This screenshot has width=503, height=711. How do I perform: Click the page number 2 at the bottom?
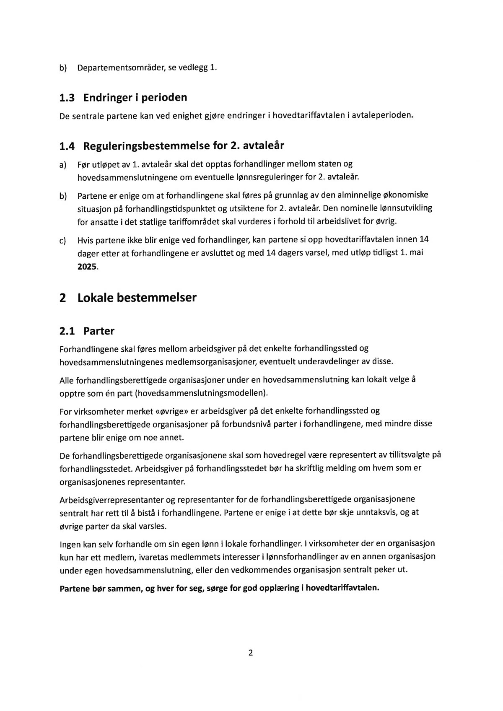point(251,653)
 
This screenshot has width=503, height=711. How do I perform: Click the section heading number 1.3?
point(67,98)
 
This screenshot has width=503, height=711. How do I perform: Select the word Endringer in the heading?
point(106,98)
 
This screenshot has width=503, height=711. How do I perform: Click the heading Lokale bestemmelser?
point(137,298)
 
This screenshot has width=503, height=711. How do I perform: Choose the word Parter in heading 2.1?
point(99,331)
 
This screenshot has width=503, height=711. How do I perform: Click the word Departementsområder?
point(122,68)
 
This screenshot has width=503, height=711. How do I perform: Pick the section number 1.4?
point(67,147)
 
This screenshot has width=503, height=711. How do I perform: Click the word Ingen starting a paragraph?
point(71,544)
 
